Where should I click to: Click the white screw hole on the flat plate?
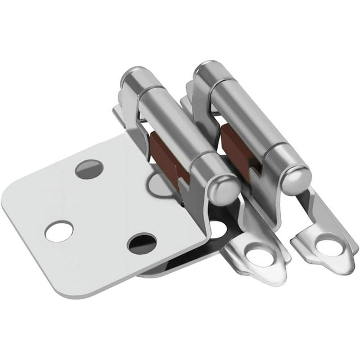tap(59, 231)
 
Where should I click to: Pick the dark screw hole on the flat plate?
tap(142, 242)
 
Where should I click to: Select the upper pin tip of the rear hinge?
tap(204, 70)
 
